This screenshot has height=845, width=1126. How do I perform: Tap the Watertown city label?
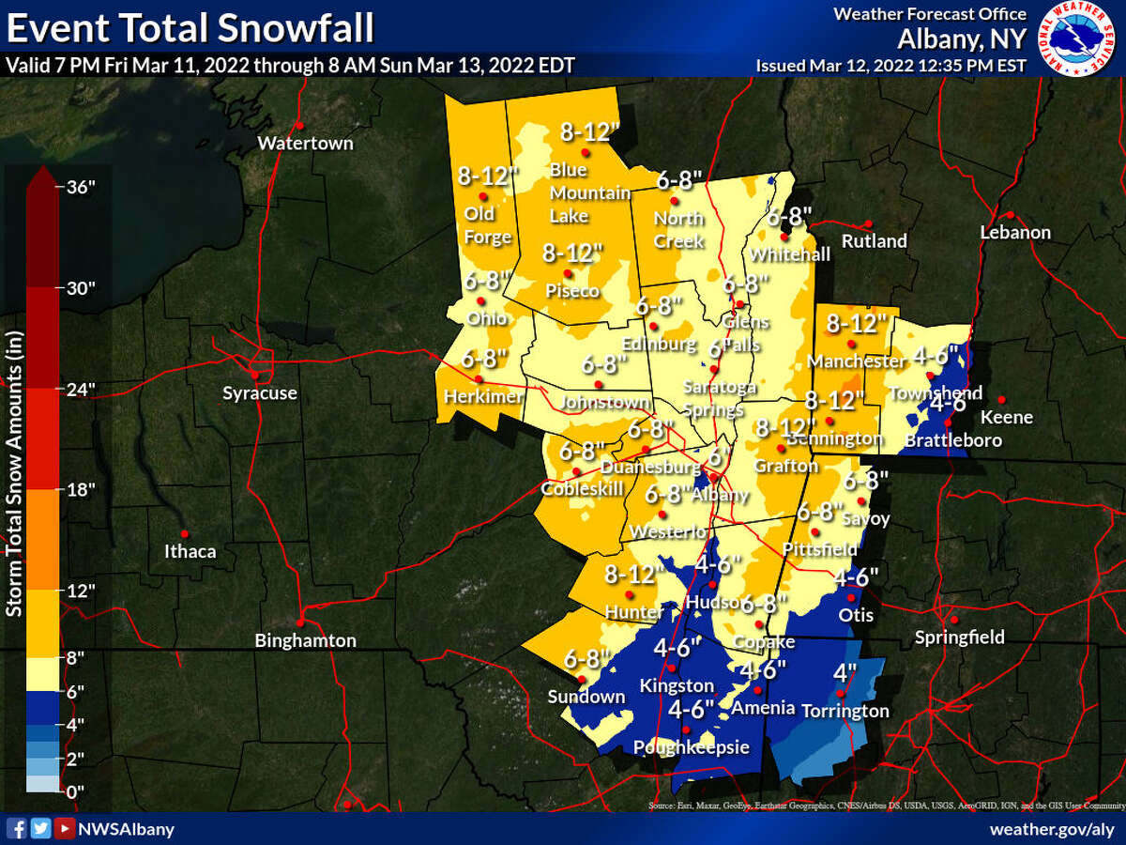[305, 144]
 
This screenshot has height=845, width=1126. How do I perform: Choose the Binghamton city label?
[306, 641]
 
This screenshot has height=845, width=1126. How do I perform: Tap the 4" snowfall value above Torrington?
[845, 673]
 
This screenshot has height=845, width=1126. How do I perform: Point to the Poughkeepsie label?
[692, 747]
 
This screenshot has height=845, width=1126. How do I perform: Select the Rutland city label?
[875, 241]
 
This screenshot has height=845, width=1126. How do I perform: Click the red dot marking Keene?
[1001, 399]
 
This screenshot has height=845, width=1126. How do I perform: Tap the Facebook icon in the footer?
[16, 828]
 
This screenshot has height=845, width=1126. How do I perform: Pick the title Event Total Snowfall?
[190, 28]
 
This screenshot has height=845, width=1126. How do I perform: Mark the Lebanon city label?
[1015, 232]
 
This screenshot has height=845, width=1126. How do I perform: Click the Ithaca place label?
[190, 551]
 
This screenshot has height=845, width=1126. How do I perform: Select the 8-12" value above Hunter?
[630, 574]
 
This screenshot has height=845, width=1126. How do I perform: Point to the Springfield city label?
[960, 638]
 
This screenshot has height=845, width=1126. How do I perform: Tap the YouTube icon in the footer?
[64, 828]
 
